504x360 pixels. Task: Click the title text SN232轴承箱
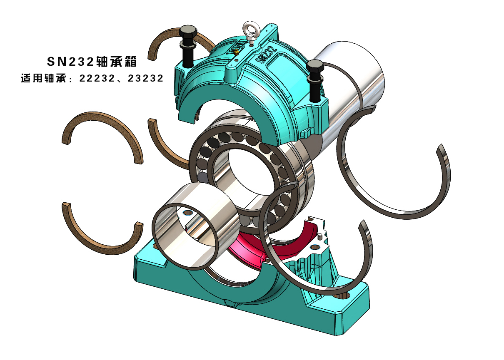pos(92,62)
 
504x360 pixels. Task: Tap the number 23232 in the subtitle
pos(145,79)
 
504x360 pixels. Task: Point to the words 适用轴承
pos(44,79)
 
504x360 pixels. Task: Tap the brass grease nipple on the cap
pos(236,52)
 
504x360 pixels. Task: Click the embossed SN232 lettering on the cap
pos(267,55)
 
